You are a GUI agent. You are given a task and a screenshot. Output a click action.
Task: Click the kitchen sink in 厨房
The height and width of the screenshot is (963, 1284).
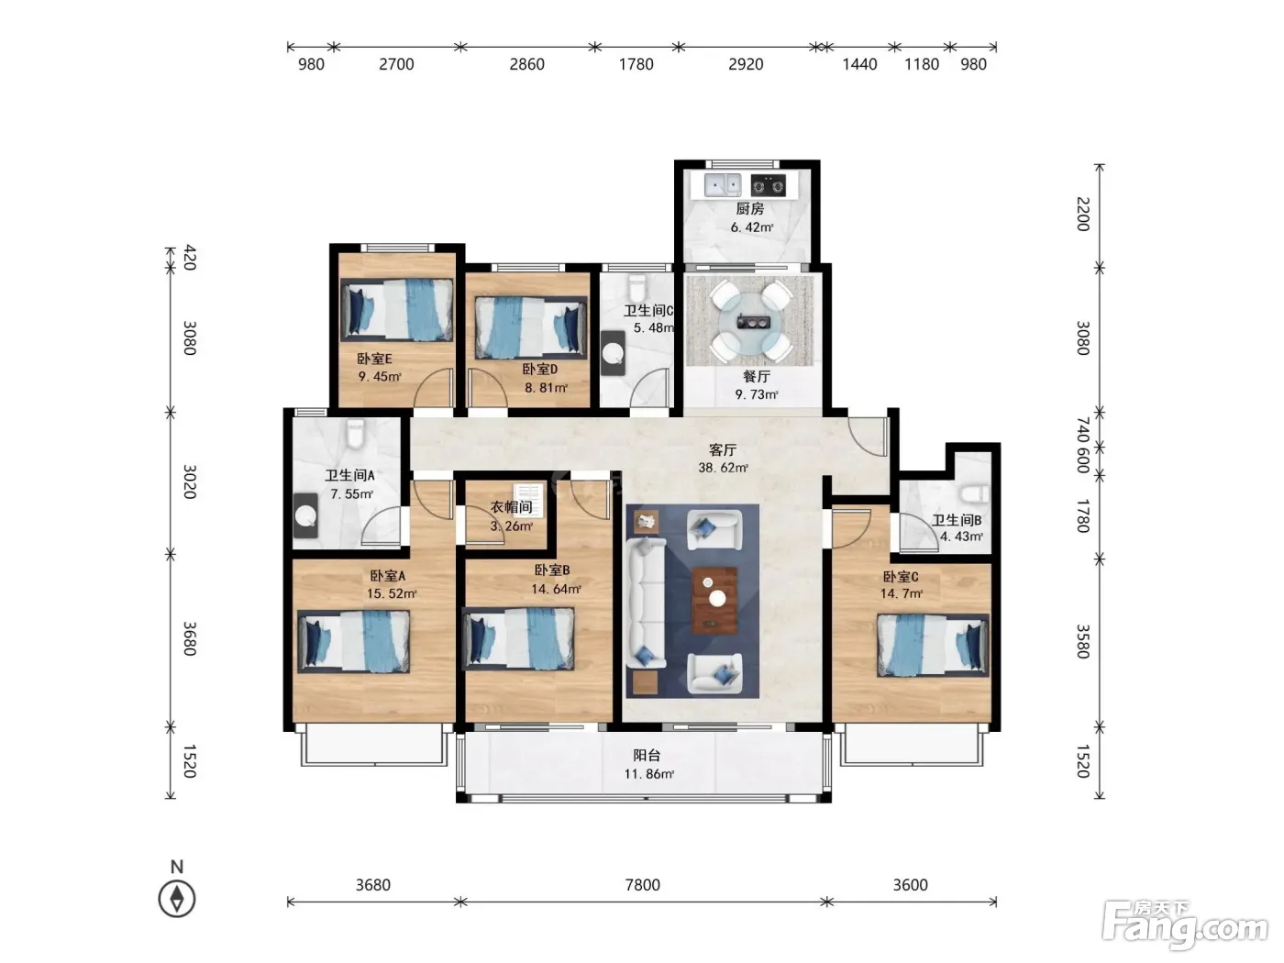coord(723,185)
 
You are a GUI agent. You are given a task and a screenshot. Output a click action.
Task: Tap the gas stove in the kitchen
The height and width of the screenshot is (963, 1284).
coord(768,185)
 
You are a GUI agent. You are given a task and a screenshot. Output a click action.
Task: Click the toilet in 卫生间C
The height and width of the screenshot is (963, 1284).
coord(636,288)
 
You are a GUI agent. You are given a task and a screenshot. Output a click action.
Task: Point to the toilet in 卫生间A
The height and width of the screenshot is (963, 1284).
coord(355,433)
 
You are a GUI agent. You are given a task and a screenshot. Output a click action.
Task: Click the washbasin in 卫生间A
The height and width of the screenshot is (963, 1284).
coord(305,515)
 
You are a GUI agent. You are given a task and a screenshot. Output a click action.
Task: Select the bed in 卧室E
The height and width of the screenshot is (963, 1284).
coord(396,309)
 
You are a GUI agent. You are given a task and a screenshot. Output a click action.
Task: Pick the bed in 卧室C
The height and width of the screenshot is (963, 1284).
coord(933,645)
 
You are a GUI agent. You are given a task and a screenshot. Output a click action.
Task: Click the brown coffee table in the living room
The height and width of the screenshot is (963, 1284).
coord(714,600)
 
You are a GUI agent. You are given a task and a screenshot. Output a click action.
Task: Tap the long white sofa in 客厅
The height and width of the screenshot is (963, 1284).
coord(646,603)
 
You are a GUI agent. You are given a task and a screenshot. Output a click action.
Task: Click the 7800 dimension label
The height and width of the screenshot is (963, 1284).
coord(642,885)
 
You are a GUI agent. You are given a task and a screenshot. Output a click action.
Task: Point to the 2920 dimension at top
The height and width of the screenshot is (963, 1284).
coord(746,63)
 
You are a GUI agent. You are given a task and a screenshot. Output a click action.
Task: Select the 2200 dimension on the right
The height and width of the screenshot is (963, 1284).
coord(1083,215)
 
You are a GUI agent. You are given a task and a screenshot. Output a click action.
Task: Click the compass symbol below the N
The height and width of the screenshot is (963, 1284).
coord(177,899)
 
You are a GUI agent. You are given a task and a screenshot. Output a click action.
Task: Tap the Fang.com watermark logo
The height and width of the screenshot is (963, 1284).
coord(1184,925)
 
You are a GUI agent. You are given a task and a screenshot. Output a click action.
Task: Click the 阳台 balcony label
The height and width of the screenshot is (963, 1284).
coord(647,756)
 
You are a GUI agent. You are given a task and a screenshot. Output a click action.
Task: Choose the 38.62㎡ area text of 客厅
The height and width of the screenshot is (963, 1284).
coord(723,468)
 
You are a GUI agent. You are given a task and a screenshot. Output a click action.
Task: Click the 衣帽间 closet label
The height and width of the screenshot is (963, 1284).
coord(511,507)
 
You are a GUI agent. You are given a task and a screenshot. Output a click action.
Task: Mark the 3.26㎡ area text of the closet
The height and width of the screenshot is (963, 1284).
coord(511,526)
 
